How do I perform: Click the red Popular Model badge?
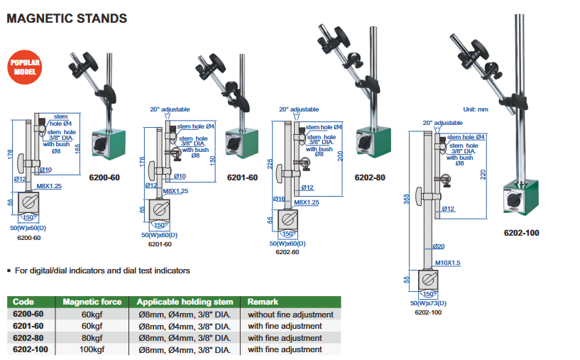click(x=26, y=67)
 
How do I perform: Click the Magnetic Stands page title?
click(x=67, y=18)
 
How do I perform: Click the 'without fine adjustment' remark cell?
click(x=290, y=315)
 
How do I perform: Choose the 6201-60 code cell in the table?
click(x=28, y=326)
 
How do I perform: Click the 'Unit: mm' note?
click(x=476, y=109)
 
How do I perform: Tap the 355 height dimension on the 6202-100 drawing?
click(x=407, y=201)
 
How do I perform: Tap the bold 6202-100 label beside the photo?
click(x=522, y=232)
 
